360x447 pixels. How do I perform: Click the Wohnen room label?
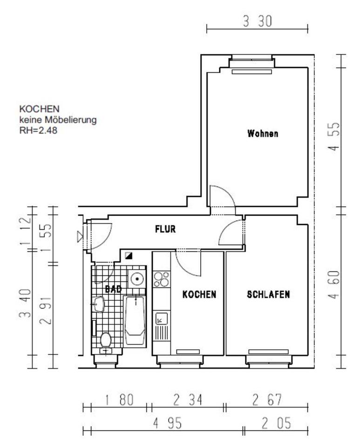[263, 134]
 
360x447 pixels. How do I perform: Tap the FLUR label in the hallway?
[165, 229]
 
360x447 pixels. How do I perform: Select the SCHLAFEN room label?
[268, 294]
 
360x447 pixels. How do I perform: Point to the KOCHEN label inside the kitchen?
[199, 294]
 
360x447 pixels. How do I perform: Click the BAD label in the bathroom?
[114, 289]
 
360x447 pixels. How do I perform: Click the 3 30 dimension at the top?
[258, 21]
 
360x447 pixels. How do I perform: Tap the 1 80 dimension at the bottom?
[119, 400]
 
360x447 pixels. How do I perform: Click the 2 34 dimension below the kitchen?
[188, 400]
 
